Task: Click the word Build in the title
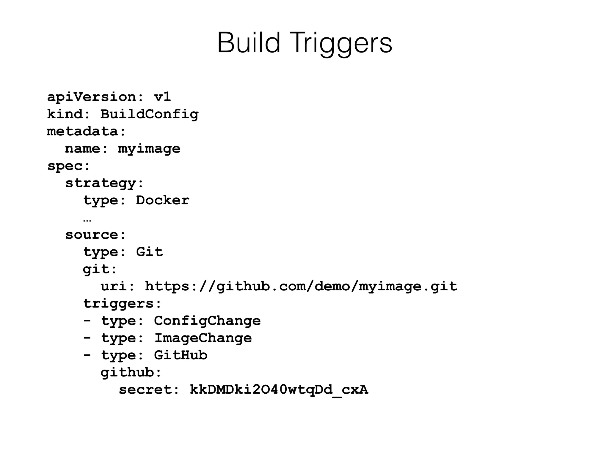pyautogui.click(x=249, y=43)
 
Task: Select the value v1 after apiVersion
pyautogui.click(x=162, y=97)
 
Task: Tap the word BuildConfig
pyautogui.click(x=149, y=114)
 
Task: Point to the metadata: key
pyautogui.click(x=87, y=131)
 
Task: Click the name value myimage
pyautogui.click(x=149, y=149)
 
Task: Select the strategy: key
pyautogui.click(x=104, y=183)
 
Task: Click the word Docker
pyautogui.click(x=162, y=200)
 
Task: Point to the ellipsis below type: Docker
pyautogui.click(x=87, y=220)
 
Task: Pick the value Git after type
pyautogui.click(x=149, y=252)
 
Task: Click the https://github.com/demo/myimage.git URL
pyautogui.click(x=301, y=286)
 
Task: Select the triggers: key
pyautogui.click(x=122, y=304)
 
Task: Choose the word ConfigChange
pyautogui.click(x=207, y=321)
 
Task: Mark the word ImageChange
pyautogui.click(x=203, y=338)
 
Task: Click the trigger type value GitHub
pyautogui.click(x=180, y=355)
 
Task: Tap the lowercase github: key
pyautogui.click(x=131, y=373)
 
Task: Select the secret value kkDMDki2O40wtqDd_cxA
pyautogui.click(x=279, y=390)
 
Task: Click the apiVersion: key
pyautogui.click(x=95, y=97)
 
